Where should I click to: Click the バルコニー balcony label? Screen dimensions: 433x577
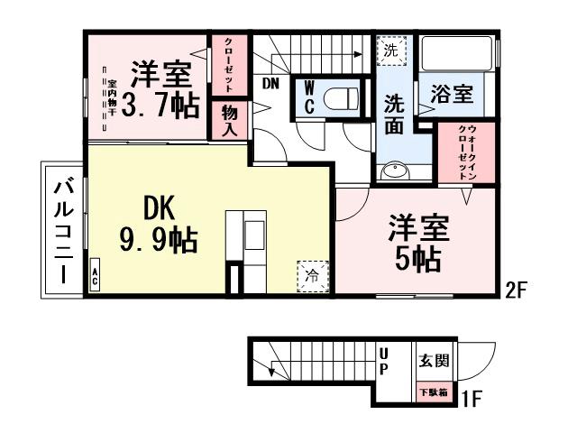(x=64, y=232)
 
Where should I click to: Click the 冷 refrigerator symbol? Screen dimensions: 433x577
(x=311, y=275)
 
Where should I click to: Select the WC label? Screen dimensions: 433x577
(x=307, y=97)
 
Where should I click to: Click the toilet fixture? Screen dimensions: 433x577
(x=342, y=97)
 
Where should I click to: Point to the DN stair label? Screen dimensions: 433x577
(x=270, y=84)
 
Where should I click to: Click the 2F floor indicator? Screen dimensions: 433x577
(x=515, y=292)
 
